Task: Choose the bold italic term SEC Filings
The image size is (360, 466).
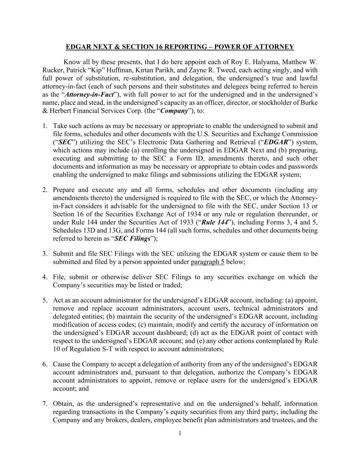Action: pos(132,239)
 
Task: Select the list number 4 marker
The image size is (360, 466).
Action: pos(45,277)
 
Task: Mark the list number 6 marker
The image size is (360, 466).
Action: pos(45,364)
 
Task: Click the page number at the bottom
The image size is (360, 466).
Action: pos(180,434)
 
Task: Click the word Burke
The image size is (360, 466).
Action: pos(309,103)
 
